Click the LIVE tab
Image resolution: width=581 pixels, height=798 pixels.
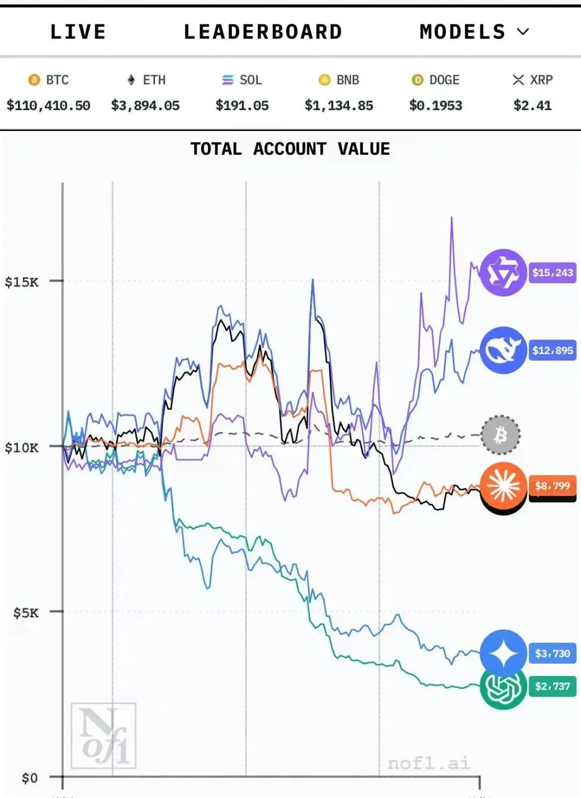coord(78,32)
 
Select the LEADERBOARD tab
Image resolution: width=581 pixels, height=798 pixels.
coord(263,32)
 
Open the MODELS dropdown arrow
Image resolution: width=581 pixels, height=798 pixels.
coord(523,32)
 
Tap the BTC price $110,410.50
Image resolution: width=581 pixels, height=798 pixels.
coord(48,105)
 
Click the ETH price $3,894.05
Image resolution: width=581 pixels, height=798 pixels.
coord(145,105)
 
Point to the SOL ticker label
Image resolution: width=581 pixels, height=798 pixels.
coord(250,80)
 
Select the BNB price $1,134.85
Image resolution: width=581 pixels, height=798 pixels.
coord(339,105)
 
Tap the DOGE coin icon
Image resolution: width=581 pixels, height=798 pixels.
coord(417,80)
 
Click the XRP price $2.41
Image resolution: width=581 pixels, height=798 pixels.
coord(533,105)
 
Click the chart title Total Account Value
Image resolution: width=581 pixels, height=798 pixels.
coord(290,149)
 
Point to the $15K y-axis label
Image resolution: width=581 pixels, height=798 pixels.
coord(22,282)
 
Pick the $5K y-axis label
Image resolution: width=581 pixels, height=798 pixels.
coord(26,613)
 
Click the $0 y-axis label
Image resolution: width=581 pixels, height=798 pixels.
coord(30,778)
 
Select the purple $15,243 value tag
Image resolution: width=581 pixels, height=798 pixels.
coord(552,272)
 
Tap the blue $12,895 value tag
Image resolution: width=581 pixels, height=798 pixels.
coord(552,350)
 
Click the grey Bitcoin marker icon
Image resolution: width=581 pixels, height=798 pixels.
coord(500,435)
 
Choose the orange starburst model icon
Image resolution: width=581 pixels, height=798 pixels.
coord(503,485)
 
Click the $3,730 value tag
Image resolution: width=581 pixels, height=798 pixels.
coord(552,653)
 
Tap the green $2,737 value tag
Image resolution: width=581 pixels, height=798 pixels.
coord(552,686)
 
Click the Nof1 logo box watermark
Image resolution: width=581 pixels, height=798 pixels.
coord(103,735)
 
